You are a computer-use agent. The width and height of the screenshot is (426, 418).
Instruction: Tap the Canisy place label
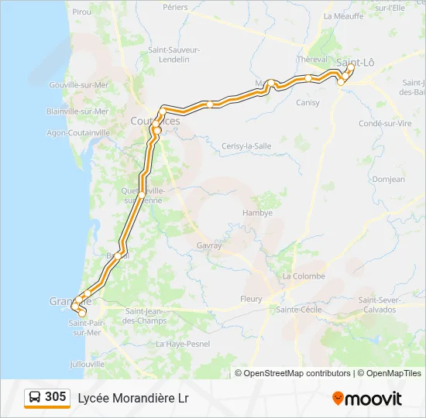(x=307, y=102)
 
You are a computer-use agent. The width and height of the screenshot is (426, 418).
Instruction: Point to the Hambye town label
(x=257, y=213)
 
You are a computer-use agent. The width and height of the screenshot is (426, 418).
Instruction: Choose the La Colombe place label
(x=304, y=276)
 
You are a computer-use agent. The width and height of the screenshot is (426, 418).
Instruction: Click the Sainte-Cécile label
(x=299, y=310)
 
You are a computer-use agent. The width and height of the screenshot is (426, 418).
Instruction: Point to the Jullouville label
(x=87, y=363)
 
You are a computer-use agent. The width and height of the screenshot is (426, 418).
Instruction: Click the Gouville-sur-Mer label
(x=78, y=85)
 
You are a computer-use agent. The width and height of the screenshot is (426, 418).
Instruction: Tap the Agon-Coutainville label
(x=77, y=132)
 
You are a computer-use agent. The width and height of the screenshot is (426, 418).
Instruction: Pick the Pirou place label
(x=81, y=12)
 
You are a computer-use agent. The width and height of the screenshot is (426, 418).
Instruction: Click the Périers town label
(x=176, y=6)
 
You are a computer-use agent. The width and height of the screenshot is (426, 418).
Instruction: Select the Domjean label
(x=389, y=179)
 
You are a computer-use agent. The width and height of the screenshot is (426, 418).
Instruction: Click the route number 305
(x=55, y=397)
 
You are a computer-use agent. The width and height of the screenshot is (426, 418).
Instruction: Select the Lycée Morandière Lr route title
(x=132, y=398)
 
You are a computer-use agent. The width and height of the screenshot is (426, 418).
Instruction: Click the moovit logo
(x=367, y=399)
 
